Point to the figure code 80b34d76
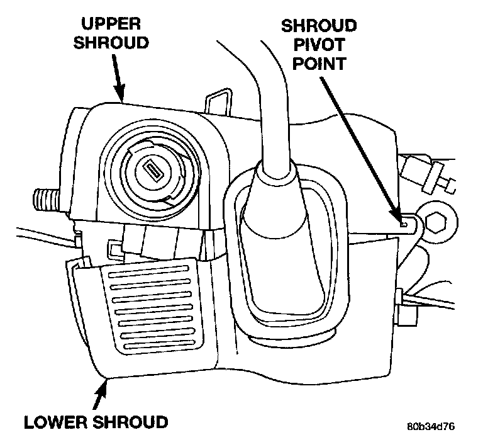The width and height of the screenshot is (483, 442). [x=430, y=426]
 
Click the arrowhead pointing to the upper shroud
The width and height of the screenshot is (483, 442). [x=121, y=96]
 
